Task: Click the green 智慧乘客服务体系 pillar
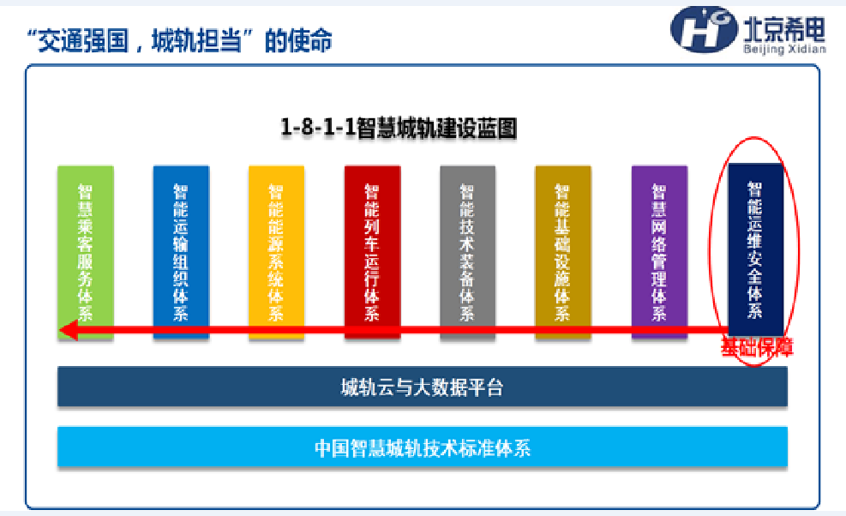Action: pyautogui.click(x=85, y=252)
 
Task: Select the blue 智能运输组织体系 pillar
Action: pyautogui.click(x=181, y=252)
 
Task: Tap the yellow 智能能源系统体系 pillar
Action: pyautogui.click(x=276, y=252)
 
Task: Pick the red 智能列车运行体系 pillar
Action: pyautogui.click(x=372, y=252)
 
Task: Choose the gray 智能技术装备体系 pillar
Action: pyautogui.click(x=468, y=252)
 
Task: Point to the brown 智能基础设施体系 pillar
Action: pyautogui.click(x=563, y=252)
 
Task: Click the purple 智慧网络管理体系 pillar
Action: pyautogui.click(x=659, y=252)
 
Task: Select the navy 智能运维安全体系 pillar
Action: pyautogui.click(x=755, y=250)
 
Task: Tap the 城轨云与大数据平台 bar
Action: pyautogui.click(x=423, y=387)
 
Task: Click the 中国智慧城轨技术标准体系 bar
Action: pyautogui.click(x=423, y=447)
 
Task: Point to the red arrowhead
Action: pyautogui.click(x=69, y=330)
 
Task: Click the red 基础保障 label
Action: pyautogui.click(x=757, y=348)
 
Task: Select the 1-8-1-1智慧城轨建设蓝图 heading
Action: pyautogui.click(x=399, y=128)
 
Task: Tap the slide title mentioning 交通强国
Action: pyautogui.click(x=180, y=40)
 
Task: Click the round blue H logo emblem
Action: pyautogui.click(x=704, y=30)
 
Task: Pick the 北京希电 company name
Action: pyautogui.click(x=784, y=28)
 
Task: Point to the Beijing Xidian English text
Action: pyautogui.click(x=784, y=49)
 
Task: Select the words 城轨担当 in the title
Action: pyautogui.click(x=196, y=40)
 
